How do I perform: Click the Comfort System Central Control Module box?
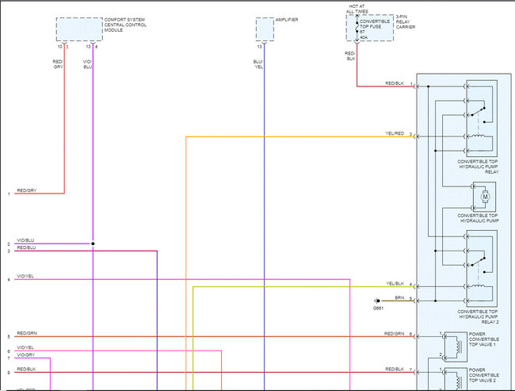78,29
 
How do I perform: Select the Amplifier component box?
265,29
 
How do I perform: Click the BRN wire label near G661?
399,297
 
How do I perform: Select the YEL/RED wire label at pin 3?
395,133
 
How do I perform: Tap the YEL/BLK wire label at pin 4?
395,283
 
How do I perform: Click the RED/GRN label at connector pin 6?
395,334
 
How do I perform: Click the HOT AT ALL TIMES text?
359,8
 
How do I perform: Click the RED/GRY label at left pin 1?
28,190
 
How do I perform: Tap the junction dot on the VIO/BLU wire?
93,243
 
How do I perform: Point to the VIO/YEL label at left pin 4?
26,276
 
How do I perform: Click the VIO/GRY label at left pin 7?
26,355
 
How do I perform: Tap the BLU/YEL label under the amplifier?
258,64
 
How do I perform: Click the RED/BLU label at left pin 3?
26,248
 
